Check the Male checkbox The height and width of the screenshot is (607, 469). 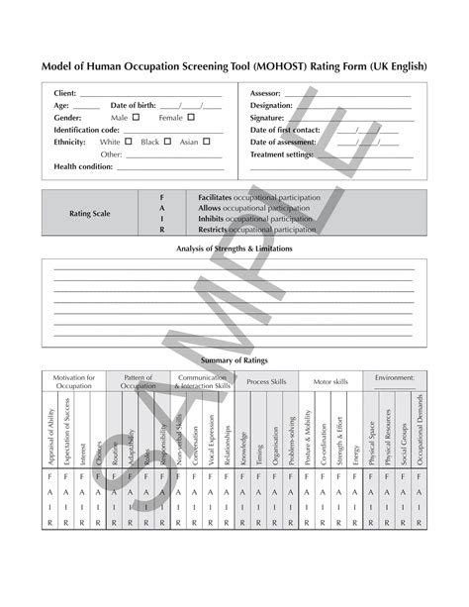click(x=136, y=117)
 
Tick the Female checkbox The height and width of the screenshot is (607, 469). click(x=191, y=117)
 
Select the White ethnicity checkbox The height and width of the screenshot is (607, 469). click(x=129, y=142)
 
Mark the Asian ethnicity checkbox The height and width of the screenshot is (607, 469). click(x=206, y=142)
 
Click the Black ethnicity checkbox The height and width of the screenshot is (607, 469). click(x=166, y=142)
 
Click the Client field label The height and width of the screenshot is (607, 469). click(x=65, y=93)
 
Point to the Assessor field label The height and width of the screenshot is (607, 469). click(x=266, y=93)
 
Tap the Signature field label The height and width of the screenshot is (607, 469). click(x=267, y=117)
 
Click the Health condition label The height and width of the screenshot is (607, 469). click(x=84, y=166)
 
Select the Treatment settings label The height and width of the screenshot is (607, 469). click(x=282, y=154)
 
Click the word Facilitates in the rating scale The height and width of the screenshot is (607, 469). click(x=219, y=198)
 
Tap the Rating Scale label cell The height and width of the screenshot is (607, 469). click(x=88, y=213)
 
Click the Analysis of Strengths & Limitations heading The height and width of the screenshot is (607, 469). click(x=234, y=249)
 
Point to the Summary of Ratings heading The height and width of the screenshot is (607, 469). click(x=234, y=360)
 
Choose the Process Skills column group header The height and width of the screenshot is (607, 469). click(x=266, y=381)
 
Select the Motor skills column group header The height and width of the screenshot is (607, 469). click(x=330, y=381)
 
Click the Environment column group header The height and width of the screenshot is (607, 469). click(x=395, y=377)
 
